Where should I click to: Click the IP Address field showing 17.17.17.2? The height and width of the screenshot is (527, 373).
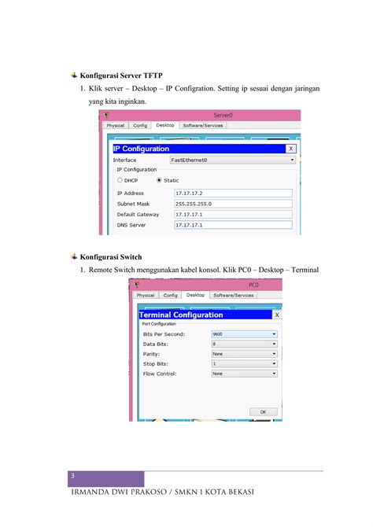[233, 193]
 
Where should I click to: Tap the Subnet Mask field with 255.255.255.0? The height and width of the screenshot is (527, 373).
[233, 203]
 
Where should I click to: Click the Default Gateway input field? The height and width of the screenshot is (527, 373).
[233, 214]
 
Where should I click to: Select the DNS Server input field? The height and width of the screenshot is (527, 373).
[233, 225]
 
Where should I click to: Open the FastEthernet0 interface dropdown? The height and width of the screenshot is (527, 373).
[231, 160]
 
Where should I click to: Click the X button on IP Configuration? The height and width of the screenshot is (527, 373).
[290, 148]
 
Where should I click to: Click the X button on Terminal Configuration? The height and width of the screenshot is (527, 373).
[275, 315]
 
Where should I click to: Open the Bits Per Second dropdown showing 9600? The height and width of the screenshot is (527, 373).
[244, 334]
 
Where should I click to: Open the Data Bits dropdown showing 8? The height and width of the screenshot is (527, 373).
[244, 344]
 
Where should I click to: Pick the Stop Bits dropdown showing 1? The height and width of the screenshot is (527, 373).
[244, 363]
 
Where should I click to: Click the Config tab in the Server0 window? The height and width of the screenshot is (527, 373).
[140, 125]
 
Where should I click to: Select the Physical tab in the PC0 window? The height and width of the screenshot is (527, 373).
[146, 295]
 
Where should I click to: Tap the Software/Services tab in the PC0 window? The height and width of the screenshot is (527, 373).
[233, 295]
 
